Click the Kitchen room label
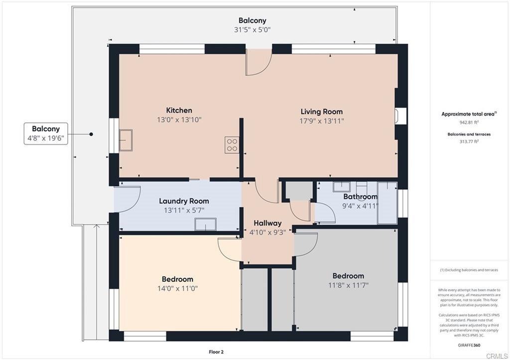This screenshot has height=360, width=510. [x=179, y=110]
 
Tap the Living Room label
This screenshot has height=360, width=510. [x=322, y=112]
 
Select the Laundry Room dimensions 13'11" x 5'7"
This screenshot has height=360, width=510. [x=184, y=211]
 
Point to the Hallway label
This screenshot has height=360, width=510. [x=267, y=223]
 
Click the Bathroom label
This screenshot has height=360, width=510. [x=361, y=196]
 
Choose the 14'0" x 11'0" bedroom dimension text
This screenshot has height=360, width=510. [x=178, y=288]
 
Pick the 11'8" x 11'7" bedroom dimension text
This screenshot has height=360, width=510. [x=348, y=285]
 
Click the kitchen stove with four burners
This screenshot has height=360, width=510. [x=232, y=145]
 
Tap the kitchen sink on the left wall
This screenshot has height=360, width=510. [x=126, y=140]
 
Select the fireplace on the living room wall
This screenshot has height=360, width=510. [x=400, y=116]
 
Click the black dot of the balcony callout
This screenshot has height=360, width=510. [x=92, y=134]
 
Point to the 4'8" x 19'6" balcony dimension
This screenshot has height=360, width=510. [x=46, y=138]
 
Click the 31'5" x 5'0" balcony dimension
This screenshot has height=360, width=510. [x=253, y=30]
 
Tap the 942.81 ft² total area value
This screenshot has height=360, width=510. [x=469, y=122]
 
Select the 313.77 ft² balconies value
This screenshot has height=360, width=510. [x=469, y=141]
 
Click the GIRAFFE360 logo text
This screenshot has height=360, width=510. [x=469, y=345]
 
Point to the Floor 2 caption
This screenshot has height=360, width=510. [x=216, y=352]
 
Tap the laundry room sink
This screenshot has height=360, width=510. [x=205, y=225]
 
